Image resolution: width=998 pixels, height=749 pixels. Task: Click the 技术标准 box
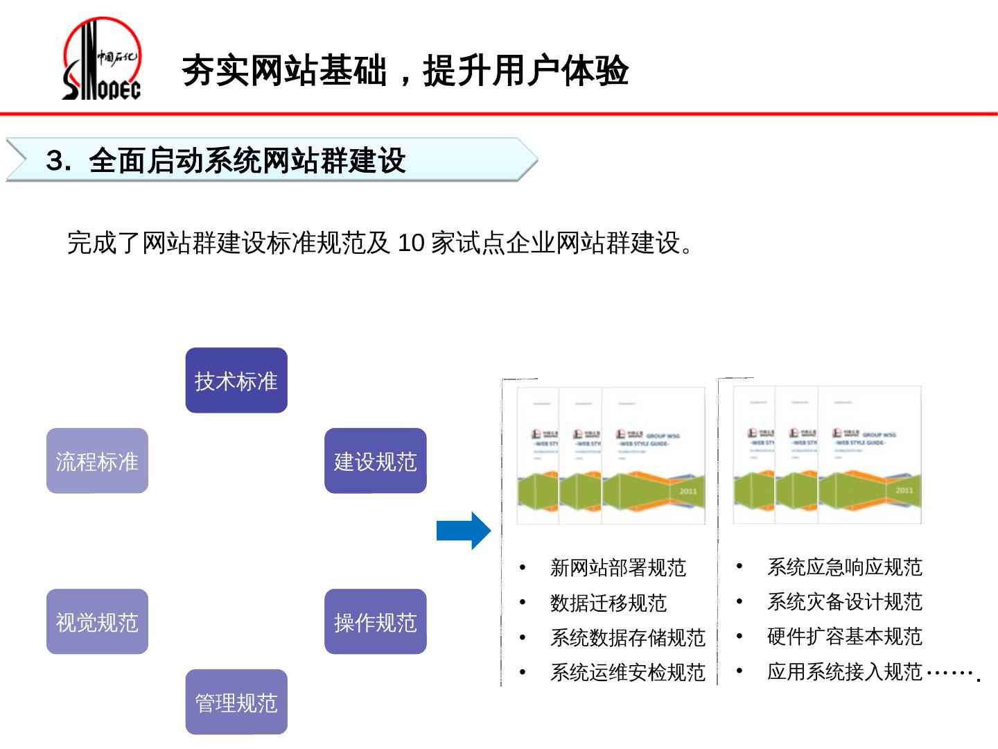236,381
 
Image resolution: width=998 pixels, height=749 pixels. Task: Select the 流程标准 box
97,461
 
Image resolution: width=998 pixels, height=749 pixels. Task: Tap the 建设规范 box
375,461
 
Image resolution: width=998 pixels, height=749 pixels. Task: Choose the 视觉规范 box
97,622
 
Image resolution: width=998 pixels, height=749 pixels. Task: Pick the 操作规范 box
375,622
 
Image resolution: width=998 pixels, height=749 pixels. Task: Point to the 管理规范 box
236,703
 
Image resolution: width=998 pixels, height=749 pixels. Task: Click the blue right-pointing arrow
464,531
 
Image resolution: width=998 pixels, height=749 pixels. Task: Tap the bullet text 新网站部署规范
618,568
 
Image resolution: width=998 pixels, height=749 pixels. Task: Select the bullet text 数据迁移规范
608,603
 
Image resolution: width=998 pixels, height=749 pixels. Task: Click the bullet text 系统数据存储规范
627,637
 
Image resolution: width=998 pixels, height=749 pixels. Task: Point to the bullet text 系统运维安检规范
627,672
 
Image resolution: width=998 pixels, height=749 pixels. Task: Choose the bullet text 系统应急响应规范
844,567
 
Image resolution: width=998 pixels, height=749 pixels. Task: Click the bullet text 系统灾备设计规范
844,602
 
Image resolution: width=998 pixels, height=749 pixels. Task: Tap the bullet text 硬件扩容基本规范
844,637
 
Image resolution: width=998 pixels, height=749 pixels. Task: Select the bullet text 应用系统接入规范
844,671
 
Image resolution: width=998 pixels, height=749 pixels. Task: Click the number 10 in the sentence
410,243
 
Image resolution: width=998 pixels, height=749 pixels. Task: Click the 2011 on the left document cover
688,491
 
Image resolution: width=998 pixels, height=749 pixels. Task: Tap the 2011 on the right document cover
904,490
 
